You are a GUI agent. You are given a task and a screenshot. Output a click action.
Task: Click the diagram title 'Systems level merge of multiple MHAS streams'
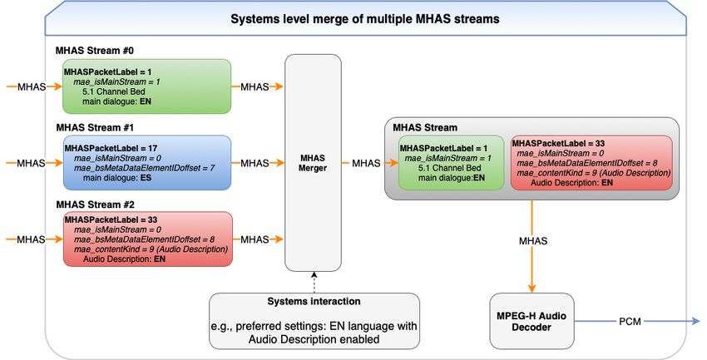click(x=365, y=19)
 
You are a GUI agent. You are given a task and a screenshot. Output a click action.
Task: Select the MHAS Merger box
click(x=313, y=163)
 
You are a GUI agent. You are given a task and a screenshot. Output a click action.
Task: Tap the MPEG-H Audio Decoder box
click(x=531, y=321)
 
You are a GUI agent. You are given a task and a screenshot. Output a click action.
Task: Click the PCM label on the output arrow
click(x=630, y=321)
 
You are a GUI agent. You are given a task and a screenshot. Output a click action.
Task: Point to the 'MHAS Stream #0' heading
click(x=95, y=51)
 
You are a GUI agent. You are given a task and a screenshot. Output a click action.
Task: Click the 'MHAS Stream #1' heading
click(x=95, y=127)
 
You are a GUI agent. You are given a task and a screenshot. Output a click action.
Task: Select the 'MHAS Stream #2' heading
click(x=95, y=205)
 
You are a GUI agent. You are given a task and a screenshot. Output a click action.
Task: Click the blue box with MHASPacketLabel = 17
click(x=147, y=163)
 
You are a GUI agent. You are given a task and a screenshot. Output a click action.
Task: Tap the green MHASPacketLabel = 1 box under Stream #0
click(x=147, y=86)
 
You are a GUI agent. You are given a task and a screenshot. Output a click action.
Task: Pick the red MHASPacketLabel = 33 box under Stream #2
click(x=148, y=239)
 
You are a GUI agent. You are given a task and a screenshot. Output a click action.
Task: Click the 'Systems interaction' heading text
click(x=314, y=302)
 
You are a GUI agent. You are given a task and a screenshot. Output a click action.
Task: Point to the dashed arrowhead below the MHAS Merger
click(x=314, y=274)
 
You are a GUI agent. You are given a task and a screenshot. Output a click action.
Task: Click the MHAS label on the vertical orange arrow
click(x=533, y=241)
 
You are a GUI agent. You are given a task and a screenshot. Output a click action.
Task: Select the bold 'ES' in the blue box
click(x=146, y=178)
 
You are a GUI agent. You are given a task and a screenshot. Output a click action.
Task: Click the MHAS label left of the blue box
click(x=31, y=163)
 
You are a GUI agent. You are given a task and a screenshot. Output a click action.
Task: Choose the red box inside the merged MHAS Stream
click(x=591, y=163)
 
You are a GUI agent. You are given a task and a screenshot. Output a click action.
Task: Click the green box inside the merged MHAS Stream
click(x=451, y=163)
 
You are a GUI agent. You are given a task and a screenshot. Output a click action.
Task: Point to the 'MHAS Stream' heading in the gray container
click(x=425, y=127)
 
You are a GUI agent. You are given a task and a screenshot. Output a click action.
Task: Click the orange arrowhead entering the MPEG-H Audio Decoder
click(x=532, y=288)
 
